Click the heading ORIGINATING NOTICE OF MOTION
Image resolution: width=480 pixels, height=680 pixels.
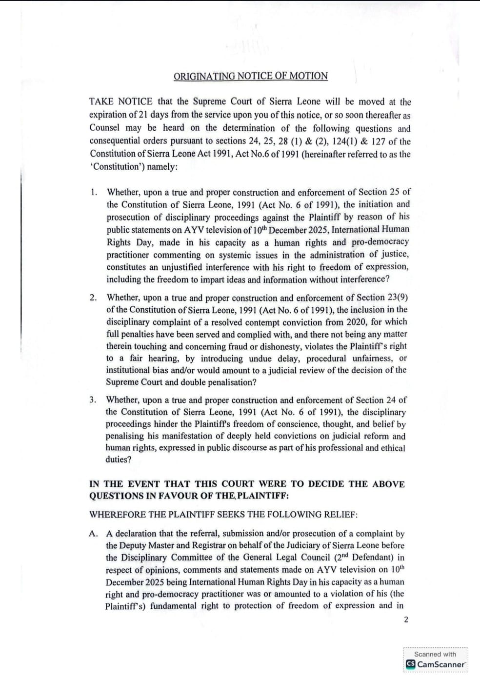coord(251,76)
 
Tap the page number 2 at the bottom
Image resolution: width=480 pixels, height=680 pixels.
coord(406,620)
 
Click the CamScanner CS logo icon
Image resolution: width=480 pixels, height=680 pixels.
coord(411,664)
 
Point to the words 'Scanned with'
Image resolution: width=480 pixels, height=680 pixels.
coord(435,654)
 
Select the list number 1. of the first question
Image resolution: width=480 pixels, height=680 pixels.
coord(94,192)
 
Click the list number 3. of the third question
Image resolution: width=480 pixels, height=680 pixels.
coord(93,400)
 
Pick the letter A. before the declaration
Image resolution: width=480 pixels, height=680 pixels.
coord(94,534)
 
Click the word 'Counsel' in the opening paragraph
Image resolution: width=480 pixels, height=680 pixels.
coord(104,128)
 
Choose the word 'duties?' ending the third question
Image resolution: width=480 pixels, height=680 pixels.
coord(118,460)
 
